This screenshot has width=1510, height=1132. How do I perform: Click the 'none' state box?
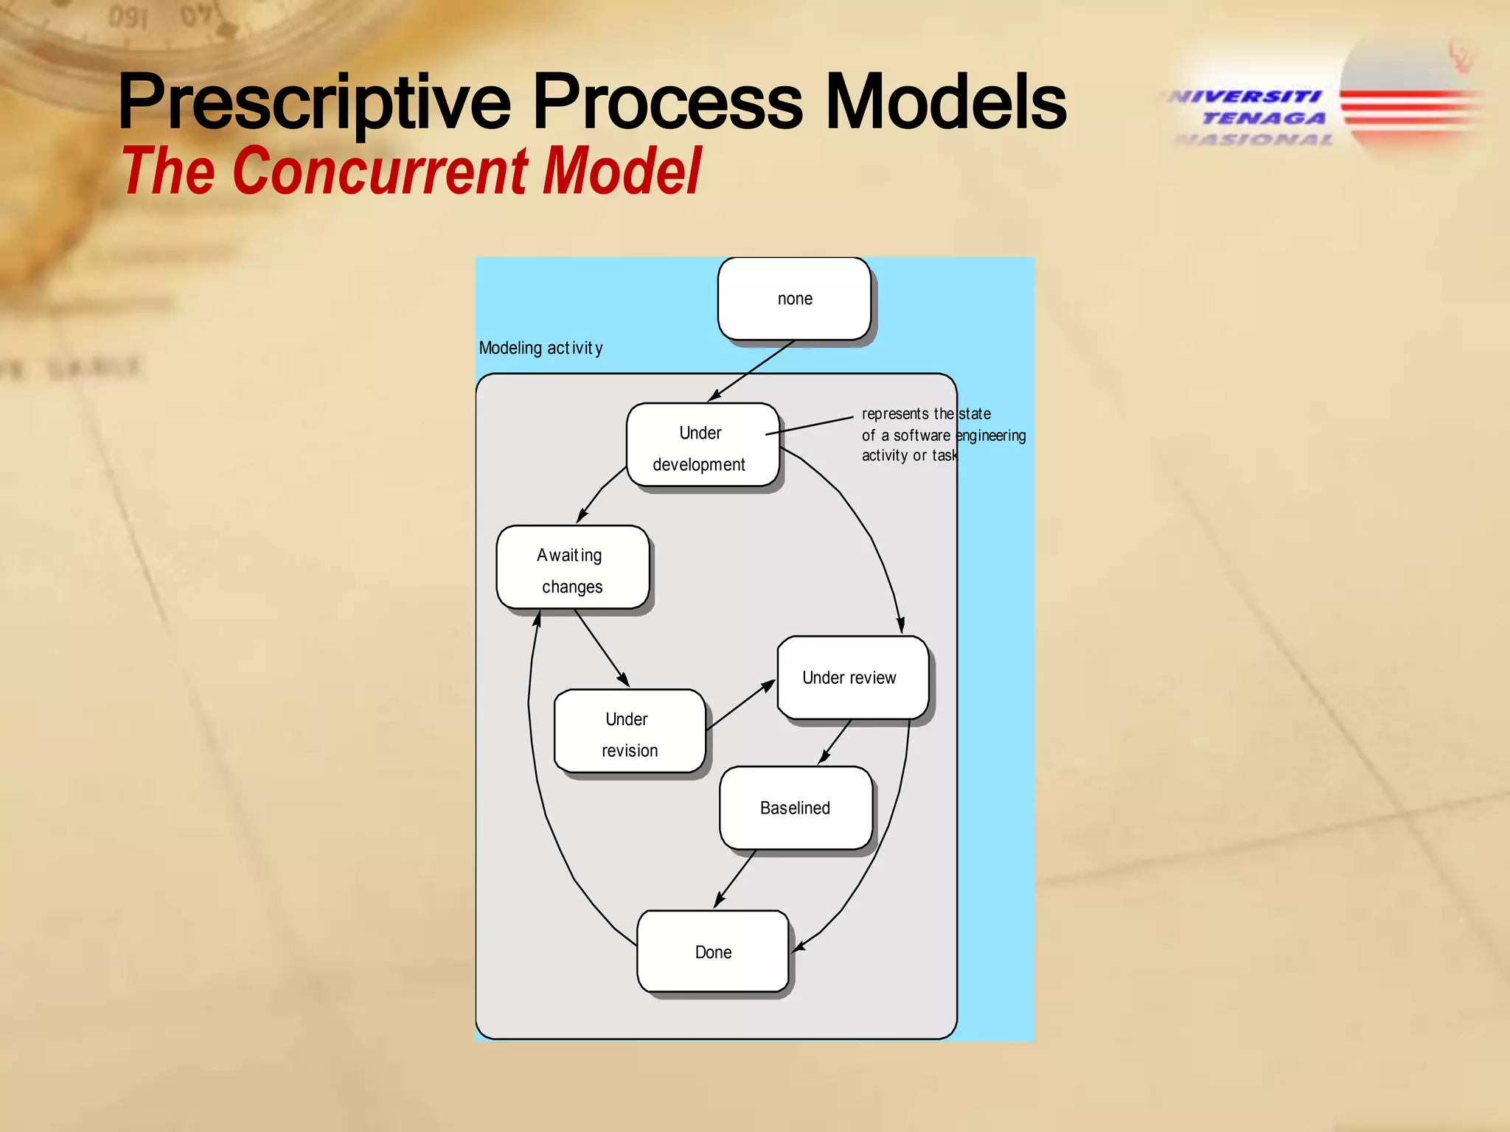tap(794, 298)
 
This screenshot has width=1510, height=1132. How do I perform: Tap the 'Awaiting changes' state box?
tap(572, 567)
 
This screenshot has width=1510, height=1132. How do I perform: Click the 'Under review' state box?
tap(852, 677)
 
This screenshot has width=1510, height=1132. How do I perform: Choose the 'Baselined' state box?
tap(796, 808)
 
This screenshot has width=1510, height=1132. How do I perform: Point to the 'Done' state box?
tap(713, 951)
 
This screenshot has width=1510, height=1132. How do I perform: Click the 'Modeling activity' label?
tap(540, 348)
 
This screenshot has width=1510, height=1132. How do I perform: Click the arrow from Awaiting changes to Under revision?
tap(602, 648)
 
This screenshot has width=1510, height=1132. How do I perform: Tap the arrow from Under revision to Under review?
tap(740, 706)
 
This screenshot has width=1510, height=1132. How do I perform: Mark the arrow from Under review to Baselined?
tap(835, 741)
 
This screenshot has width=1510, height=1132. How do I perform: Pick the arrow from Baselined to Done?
tap(735, 878)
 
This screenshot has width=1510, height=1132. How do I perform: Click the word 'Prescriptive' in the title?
tap(313, 103)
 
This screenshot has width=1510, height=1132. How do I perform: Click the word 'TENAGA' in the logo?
tap(1263, 118)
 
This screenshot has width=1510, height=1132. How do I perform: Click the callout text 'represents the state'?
tap(925, 414)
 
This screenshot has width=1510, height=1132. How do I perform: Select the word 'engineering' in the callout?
tap(990, 436)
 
